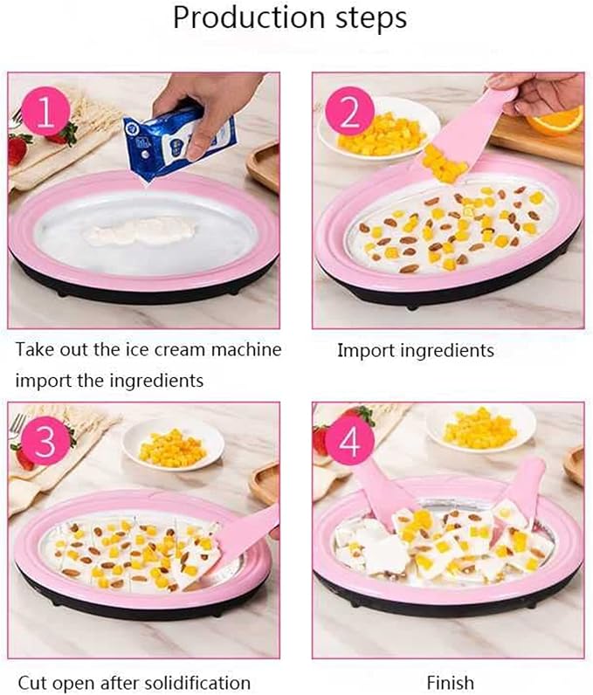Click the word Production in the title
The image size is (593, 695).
[x=249, y=17]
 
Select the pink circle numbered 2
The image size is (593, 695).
[x=349, y=112]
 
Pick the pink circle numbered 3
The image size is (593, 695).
[x=45, y=441]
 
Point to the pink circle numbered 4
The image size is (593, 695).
[x=349, y=441]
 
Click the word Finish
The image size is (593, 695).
[x=451, y=682]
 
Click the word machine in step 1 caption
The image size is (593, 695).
[x=246, y=350]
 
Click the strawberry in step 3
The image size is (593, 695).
[x=22, y=456]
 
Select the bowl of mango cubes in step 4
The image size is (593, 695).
[x=481, y=427]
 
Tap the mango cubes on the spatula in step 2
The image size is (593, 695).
[x=444, y=164]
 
